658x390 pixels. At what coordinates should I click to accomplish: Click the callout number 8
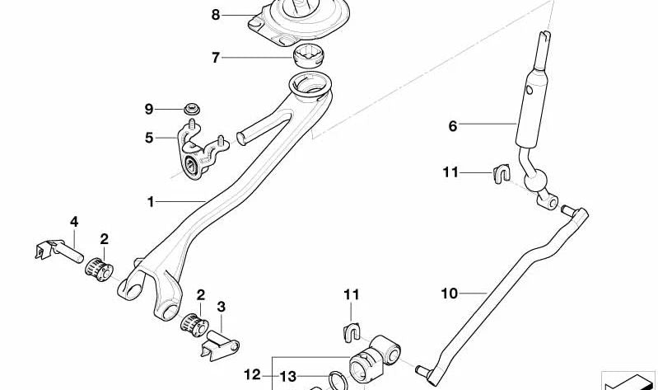215,15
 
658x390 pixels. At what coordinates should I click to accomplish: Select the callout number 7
215,57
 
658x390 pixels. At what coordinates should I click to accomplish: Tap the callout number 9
149,110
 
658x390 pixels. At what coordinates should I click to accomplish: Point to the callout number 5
149,138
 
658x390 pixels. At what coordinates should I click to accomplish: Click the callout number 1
151,202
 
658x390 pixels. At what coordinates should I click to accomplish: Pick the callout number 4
74,222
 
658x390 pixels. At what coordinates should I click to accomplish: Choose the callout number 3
222,307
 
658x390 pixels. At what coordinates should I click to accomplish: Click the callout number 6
452,125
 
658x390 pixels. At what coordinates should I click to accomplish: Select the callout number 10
449,294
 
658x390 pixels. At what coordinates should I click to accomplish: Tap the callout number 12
252,374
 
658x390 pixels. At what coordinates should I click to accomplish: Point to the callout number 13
288,377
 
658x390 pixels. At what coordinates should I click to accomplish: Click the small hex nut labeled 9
192,110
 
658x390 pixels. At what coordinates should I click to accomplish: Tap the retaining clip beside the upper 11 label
502,174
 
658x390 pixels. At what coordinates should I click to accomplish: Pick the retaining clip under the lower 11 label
352,332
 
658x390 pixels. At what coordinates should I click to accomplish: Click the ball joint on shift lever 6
536,181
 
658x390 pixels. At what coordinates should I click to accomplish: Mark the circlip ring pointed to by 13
338,382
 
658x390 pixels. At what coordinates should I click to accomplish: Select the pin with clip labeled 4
58,251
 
